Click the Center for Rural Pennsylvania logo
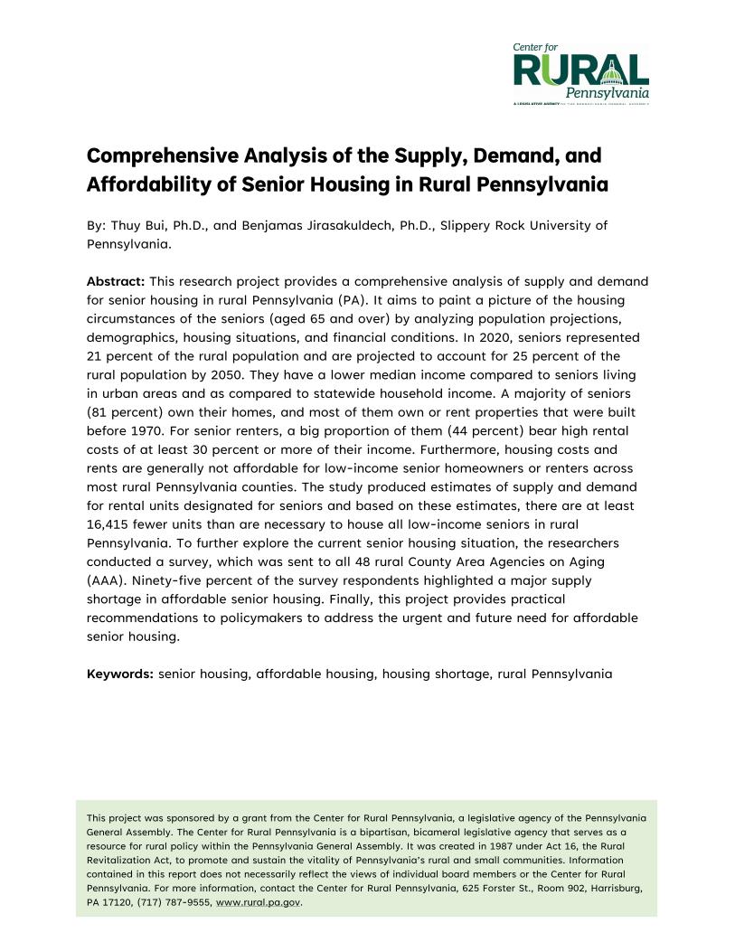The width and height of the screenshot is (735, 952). (x=580, y=73)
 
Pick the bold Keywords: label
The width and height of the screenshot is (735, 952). (x=120, y=674)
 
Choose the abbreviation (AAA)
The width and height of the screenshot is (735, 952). (x=107, y=580)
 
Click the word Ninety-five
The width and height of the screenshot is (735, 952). (x=182, y=580)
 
